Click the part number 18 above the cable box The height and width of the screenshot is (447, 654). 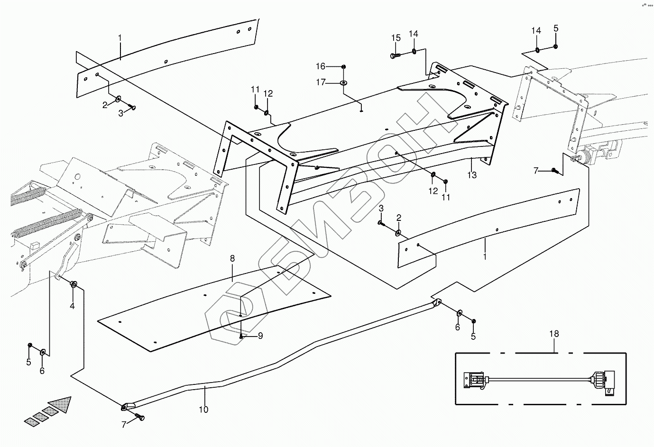[x=554, y=334]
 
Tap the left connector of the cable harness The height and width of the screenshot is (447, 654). [x=474, y=380]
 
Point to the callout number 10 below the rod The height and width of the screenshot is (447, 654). [x=203, y=410]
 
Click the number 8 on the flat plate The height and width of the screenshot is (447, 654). [x=232, y=259]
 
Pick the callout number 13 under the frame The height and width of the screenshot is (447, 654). [x=471, y=175]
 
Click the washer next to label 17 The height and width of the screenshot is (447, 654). [x=343, y=83]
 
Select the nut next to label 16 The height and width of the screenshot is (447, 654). [x=343, y=66]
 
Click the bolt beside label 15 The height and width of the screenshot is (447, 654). [x=395, y=55]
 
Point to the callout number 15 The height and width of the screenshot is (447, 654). [x=396, y=38]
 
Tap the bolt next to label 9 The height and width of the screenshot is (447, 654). [x=242, y=336]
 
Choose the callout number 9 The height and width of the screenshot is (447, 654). [x=260, y=336]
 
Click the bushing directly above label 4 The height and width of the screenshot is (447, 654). [x=74, y=284]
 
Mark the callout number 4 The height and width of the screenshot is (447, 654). [x=72, y=306]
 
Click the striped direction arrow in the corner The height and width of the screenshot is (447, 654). [x=48, y=411]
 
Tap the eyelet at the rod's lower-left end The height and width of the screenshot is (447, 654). [x=127, y=406]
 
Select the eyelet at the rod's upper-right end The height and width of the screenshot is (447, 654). [x=436, y=301]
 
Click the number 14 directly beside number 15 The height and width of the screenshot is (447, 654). [x=414, y=34]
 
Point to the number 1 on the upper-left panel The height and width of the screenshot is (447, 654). [x=120, y=37]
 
